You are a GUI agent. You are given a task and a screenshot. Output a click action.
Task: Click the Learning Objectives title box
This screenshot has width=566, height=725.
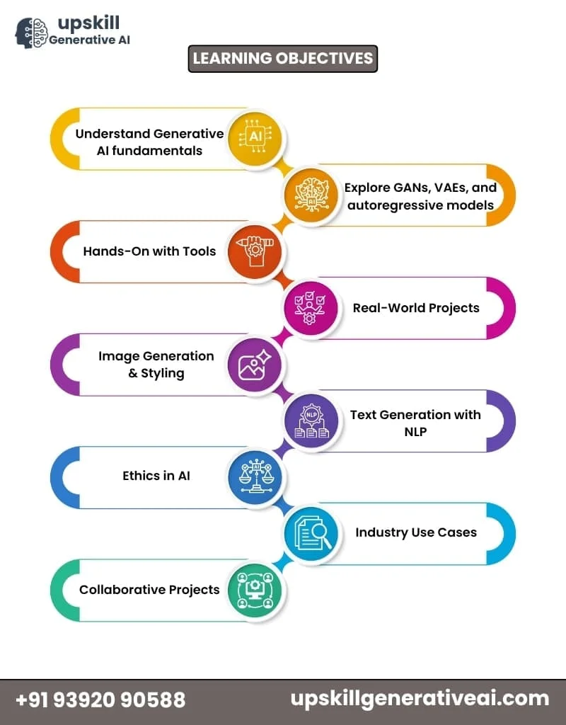[283, 59]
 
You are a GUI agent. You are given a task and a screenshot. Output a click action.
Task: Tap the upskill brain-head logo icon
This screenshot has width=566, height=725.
[31, 33]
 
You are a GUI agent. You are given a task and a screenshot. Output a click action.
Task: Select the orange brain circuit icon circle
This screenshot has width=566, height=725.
[311, 193]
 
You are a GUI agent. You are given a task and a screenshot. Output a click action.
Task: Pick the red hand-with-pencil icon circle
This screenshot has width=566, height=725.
[255, 251]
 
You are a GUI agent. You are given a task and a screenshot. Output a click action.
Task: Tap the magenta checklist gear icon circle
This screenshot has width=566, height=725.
[311, 307]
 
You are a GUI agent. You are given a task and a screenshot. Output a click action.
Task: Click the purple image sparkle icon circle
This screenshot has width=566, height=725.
[255, 364]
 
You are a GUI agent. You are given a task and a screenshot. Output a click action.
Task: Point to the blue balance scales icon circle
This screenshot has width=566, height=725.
[255, 476]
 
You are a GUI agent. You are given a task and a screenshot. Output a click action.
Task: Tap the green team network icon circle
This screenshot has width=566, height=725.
[255, 590]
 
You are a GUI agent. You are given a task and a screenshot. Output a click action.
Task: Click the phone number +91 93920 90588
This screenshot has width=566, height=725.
[100, 700]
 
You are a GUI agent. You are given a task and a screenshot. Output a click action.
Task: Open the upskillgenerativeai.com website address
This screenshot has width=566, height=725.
[420, 699]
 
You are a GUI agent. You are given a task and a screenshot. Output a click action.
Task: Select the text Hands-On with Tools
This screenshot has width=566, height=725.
[149, 251]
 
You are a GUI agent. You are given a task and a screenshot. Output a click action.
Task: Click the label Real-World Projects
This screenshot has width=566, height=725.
[416, 307]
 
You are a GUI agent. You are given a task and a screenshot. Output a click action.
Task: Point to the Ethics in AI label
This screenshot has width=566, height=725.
[156, 476]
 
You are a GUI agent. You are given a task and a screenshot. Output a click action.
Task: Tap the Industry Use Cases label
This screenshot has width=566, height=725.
[416, 532]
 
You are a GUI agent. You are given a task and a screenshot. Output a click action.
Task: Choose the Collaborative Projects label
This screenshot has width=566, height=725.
[149, 590]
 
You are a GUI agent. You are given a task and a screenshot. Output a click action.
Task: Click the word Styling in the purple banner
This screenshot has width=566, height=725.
[163, 373]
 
